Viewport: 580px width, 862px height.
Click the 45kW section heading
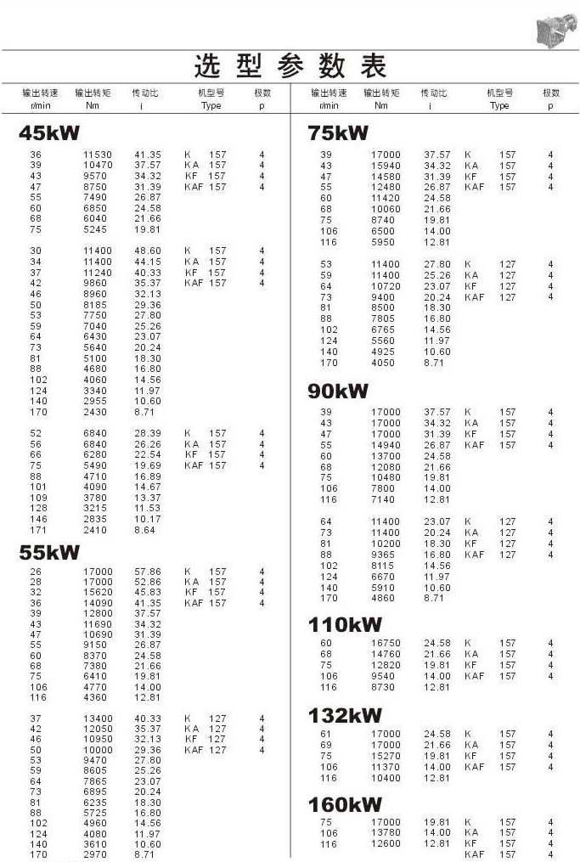49,132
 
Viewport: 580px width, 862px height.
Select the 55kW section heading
49,553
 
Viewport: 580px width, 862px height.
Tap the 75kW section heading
338,132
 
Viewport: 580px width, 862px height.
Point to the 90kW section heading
338,391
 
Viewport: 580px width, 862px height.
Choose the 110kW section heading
344,625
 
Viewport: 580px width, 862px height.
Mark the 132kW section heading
344,715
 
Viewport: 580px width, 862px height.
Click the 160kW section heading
344,804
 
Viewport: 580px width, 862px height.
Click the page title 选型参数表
290,65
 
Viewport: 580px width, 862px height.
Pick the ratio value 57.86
147,572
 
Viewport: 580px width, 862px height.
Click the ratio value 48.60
147,251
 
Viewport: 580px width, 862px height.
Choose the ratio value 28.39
147,433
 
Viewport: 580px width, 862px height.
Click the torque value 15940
386,166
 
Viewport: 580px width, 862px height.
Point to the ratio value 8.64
145,530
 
